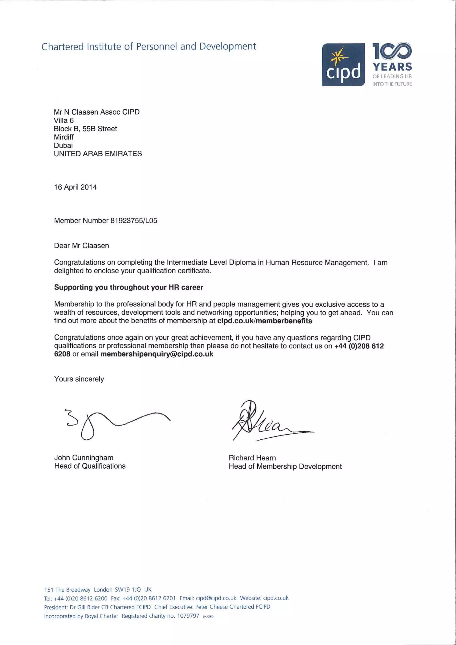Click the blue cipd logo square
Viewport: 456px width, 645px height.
click(343, 65)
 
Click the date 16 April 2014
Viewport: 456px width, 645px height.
click(75, 187)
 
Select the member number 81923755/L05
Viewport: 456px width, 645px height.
click(134, 220)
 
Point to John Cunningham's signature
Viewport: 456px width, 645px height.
click(115, 423)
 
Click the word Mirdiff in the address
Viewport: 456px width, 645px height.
click(64, 137)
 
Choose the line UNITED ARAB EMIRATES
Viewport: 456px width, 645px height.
click(98, 154)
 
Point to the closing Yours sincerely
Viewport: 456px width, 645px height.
click(79, 379)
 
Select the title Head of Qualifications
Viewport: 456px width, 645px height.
click(90, 466)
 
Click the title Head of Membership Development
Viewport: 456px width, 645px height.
click(285, 466)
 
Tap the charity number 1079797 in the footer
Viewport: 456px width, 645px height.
click(188, 616)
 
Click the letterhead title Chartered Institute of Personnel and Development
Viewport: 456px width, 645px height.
click(149, 46)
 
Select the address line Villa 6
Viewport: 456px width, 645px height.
click(64, 120)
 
